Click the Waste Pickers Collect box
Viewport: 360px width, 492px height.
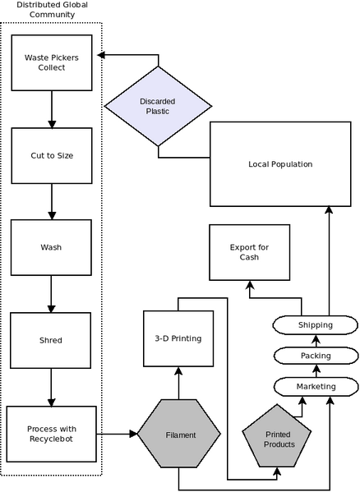point(52,62)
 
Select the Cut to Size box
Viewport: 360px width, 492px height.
point(52,155)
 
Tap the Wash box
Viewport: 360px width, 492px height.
point(51,247)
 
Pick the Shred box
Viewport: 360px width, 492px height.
point(50,340)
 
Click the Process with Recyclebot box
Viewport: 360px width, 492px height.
point(52,434)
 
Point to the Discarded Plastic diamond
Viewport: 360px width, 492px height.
point(158,107)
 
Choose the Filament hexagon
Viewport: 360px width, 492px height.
point(179,435)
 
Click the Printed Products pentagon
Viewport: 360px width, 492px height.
point(277,438)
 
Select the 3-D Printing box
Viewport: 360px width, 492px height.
point(178,338)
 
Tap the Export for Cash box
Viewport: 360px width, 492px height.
point(250,252)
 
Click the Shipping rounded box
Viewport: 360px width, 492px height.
point(315,325)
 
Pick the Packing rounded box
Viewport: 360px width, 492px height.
point(316,356)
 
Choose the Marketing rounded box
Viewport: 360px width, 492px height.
point(316,387)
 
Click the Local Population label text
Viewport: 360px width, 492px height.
point(280,164)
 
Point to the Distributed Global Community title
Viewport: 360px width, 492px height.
point(52,10)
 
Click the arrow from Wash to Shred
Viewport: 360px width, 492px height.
point(51,294)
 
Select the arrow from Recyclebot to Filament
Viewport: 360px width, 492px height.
point(117,434)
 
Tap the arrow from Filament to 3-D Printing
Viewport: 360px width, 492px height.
point(178,383)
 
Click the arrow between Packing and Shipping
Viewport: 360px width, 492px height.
point(316,341)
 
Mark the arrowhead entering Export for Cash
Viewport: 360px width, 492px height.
point(250,284)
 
